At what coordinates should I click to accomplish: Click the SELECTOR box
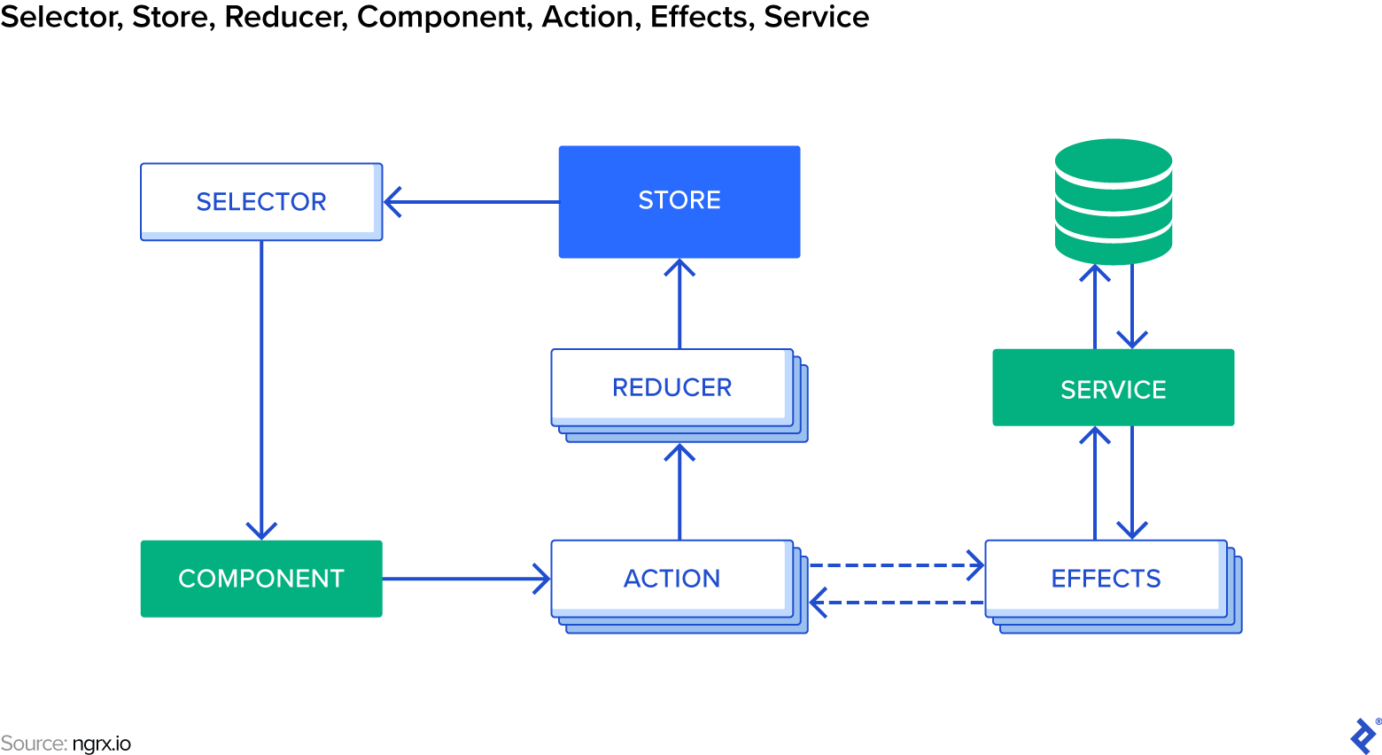coord(261,201)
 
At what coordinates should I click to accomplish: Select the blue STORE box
coord(679,201)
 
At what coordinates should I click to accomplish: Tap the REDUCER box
coord(672,387)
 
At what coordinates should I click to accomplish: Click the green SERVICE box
coord(1113,388)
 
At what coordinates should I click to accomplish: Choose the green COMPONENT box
coord(261,579)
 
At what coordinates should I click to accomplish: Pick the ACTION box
coord(672,579)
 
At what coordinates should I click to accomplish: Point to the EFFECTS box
coord(1106,579)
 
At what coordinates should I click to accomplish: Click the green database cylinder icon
coord(1114,201)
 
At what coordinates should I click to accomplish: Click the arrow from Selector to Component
coord(261,390)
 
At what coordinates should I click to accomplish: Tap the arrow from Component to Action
coord(465,579)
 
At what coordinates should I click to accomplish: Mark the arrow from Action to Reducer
coord(679,492)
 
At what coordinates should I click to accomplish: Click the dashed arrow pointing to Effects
coord(895,564)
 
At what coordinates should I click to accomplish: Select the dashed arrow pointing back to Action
coord(895,603)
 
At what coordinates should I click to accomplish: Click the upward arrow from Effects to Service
coord(1095,483)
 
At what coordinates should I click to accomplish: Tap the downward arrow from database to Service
coord(1132,306)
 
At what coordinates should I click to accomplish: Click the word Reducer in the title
coord(285,17)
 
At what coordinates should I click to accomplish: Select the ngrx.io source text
coord(101,743)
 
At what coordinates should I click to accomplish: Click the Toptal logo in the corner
coord(1363,736)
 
